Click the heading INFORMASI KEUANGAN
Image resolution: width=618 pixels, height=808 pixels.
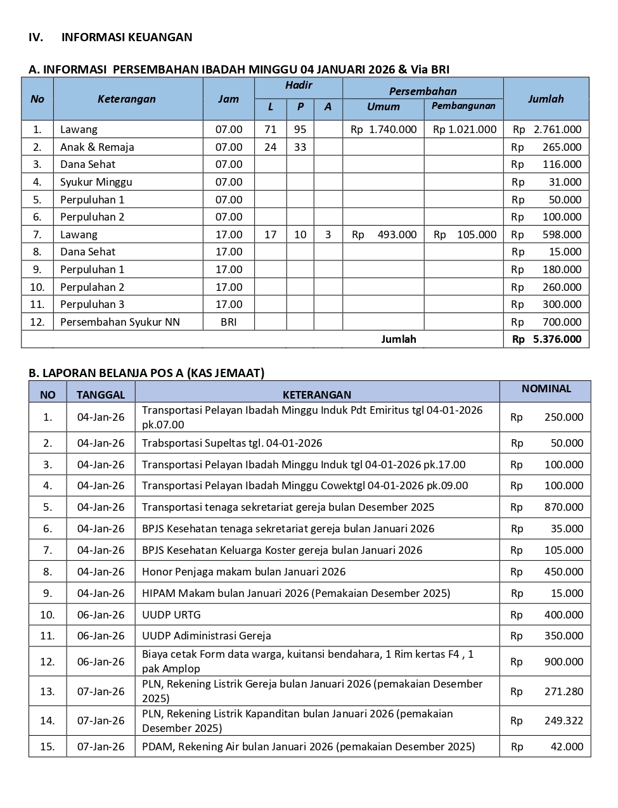click(x=126, y=37)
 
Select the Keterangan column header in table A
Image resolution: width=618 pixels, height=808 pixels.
click(x=127, y=99)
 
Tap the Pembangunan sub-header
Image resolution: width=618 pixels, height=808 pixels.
click(x=463, y=106)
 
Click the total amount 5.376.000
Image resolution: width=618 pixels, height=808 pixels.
click(x=557, y=339)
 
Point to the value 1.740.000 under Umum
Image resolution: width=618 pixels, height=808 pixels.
click(x=392, y=129)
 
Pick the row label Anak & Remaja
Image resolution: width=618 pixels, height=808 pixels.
click(x=97, y=147)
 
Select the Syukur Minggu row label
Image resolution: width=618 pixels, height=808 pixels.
click(x=96, y=182)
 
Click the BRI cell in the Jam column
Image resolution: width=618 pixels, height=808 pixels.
click(x=228, y=322)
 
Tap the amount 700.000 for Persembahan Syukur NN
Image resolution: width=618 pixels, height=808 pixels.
click(x=562, y=322)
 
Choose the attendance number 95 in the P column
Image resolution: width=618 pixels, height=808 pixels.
click(x=300, y=129)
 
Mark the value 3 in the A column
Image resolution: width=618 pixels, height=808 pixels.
click(x=328, y=234)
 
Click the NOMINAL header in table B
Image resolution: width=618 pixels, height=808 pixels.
click(x=546, y=388)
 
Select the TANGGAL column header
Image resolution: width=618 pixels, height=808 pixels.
click(x=101, y=395)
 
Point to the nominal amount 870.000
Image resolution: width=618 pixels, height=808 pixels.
click(x=563, y=507)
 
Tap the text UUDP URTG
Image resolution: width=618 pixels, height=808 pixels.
click(x=171, y=615)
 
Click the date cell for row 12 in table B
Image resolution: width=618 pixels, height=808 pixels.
click(x=101, y=662)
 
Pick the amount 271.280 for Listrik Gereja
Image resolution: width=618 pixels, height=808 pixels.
click(x=563, y=691)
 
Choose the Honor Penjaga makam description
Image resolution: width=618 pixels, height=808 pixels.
click(x=243, y=572)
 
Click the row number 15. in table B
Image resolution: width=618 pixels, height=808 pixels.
click(x=48, y=747)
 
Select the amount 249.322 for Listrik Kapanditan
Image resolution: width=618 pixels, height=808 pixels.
click(x=563, y=721)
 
